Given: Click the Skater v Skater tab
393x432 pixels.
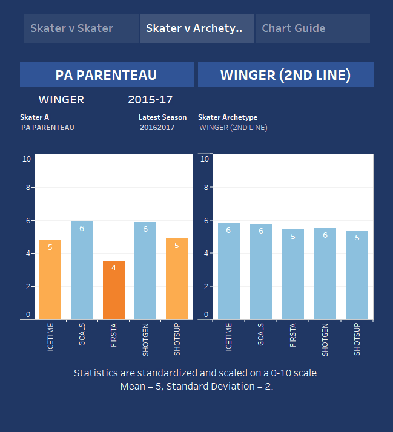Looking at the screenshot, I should (81, 28).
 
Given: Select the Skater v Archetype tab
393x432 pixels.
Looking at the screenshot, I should (196, 28).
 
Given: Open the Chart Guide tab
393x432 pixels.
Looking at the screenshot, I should (312, 28).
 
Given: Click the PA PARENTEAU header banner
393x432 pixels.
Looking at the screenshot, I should (107, 75).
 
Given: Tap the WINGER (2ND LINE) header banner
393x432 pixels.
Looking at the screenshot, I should (286, 75).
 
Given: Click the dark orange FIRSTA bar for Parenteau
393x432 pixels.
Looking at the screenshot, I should (114, 290).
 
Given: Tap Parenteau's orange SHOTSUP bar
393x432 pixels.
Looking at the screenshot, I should (177, 279).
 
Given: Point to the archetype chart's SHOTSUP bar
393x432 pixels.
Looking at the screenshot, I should (357, 275).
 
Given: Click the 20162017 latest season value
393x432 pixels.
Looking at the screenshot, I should (156, 128).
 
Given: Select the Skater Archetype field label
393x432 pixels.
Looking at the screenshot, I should (228, 117).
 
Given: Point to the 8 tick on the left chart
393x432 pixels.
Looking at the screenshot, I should (27, 188).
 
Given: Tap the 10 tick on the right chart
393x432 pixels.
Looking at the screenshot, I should (205, 159).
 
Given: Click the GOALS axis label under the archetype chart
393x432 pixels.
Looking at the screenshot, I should (261, 335).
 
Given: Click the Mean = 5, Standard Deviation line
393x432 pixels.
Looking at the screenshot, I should (196, 386).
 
